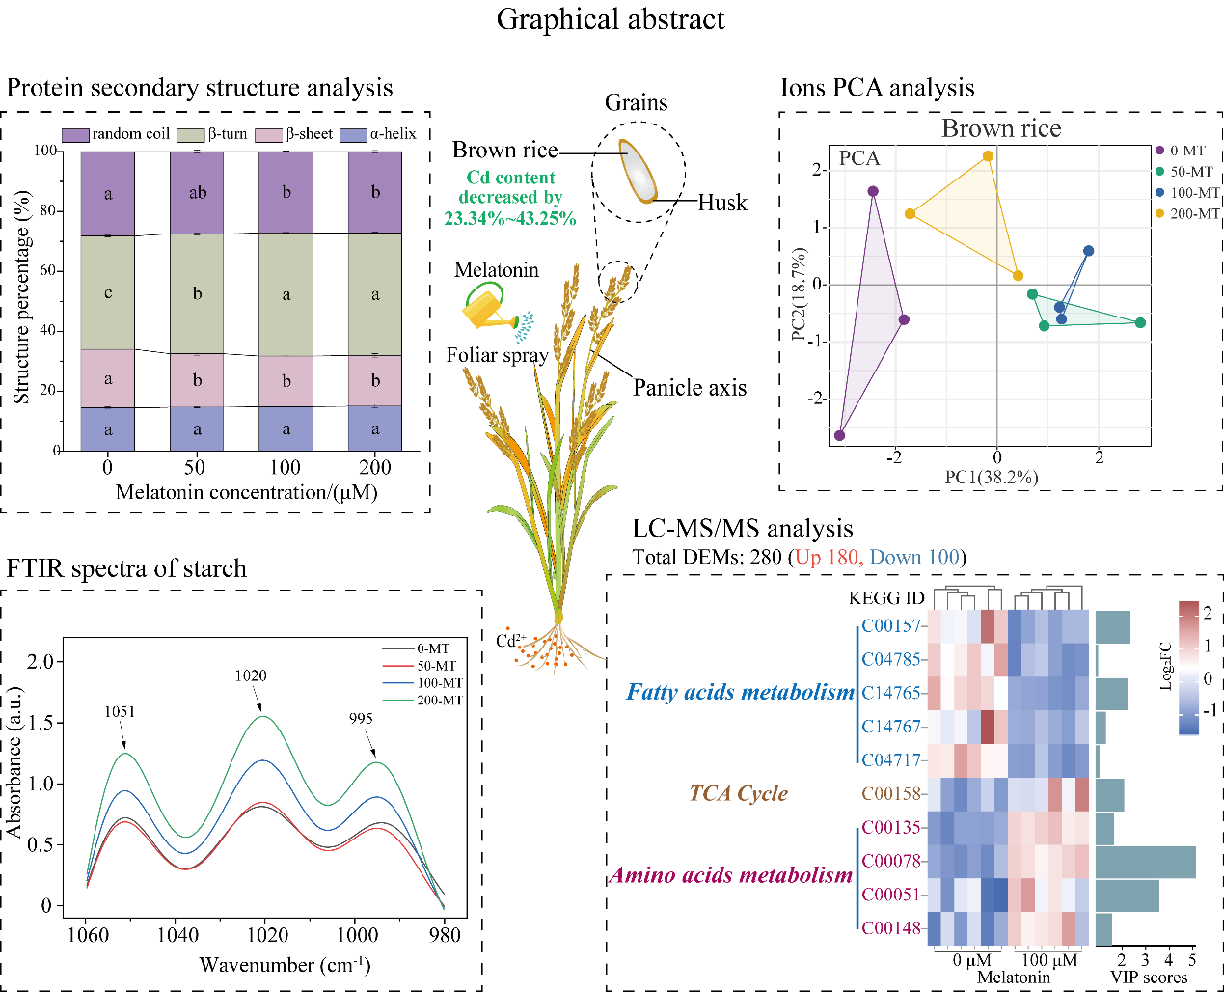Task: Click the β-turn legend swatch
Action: (x=192, y=134)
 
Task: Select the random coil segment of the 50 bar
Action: (x=197, y=193)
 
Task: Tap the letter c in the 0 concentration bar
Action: (x=108, y=293)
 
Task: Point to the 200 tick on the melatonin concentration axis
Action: (x=375, y=468)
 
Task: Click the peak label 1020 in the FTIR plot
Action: (x=251, y=675)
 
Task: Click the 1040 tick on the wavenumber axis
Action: (x=177, y=934)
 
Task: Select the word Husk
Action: (x=722, y=203)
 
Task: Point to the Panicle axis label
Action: (x=690, y=388)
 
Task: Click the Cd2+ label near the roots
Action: (x=510, y=640)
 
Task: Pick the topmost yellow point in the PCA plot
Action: (x=988, y=156)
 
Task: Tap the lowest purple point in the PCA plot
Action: (x=839, y=436)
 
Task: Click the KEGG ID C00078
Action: (x=890, y=861)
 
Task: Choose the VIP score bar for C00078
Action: (x=1145, y=862)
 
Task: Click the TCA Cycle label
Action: (x=738, y=793)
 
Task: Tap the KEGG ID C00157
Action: (x=890, y=625)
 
